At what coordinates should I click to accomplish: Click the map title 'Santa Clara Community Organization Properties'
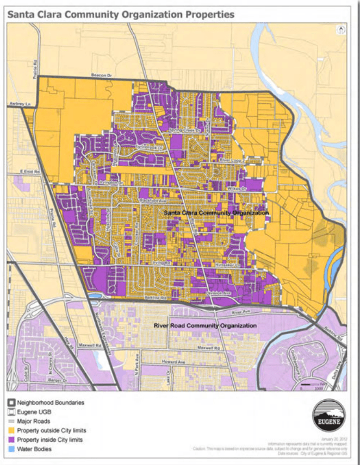point(120,14)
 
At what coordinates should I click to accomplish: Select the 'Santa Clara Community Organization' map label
point(216,213)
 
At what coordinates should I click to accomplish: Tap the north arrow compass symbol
point(342,30)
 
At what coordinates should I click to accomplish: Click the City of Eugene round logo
point(328,417)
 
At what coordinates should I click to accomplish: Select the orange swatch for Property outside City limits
point(11,430)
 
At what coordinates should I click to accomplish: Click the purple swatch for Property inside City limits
point(11,439)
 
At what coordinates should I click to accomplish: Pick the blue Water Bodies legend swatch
point(11,449)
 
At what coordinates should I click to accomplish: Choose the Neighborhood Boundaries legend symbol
point(11,403)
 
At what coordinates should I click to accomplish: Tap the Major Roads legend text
point(34,421)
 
